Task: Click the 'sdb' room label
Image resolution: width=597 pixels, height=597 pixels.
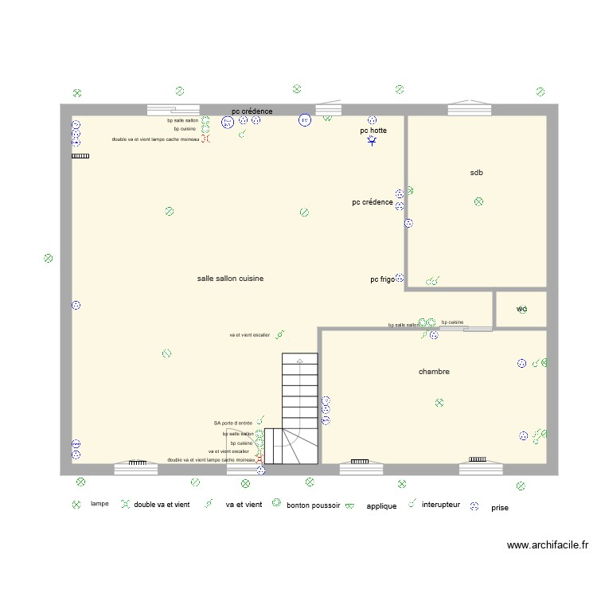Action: (477, 173)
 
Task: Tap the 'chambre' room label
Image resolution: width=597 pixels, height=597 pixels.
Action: (434, 372)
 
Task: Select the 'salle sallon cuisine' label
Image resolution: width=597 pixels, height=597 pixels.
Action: (231, 279)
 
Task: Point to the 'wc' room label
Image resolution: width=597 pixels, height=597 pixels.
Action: (521, 309)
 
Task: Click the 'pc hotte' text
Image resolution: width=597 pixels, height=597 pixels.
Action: (373, 130)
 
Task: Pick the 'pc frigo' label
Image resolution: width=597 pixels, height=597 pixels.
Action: (382, 279)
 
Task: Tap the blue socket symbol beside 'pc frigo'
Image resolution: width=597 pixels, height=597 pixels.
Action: (400, 279)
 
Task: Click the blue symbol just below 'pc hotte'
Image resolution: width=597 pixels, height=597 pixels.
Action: (373, 142)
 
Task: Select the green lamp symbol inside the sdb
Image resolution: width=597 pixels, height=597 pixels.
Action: (478, 202)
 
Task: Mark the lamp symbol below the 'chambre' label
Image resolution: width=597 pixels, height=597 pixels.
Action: (439, 404)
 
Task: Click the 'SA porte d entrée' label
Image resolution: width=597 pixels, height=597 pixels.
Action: (232, 423)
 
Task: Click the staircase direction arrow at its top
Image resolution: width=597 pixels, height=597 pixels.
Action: (299, 361)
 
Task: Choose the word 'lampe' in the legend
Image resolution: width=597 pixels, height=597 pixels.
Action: (99, 504)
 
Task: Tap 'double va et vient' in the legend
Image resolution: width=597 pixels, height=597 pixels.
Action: (162, 505)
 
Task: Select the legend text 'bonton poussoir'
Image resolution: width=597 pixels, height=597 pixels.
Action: (314, 505)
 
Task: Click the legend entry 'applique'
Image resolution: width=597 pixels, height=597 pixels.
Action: (381, 506)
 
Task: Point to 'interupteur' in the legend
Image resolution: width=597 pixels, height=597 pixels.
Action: (441, 505)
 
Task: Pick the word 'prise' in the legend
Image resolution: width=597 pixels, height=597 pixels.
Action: (500, 507)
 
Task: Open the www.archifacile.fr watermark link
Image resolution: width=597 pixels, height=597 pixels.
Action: (547, 546)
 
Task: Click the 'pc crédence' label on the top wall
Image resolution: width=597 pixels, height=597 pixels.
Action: (252, 111)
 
